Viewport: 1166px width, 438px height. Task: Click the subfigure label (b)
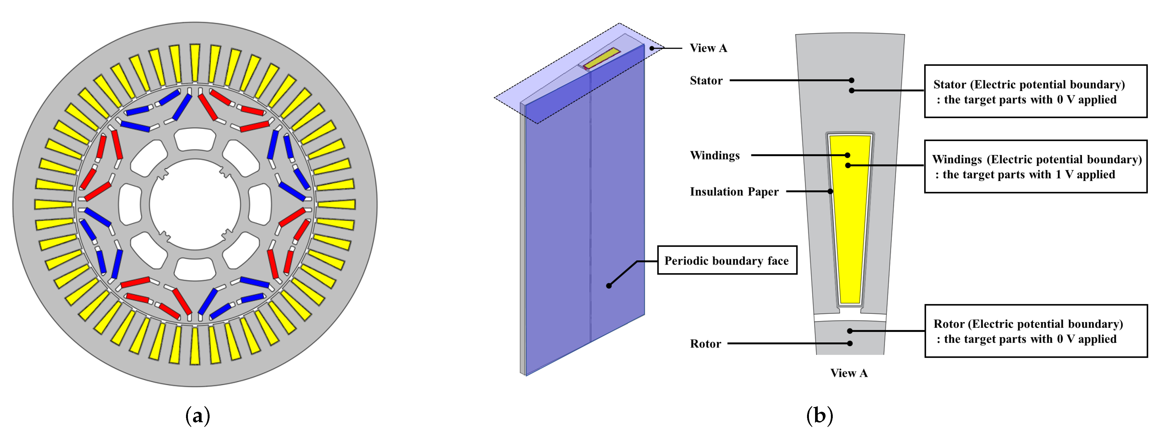coord(819,415)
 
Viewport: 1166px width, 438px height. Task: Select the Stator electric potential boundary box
coord(1035,92)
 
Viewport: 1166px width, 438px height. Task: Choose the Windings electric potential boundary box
coord(1035,166)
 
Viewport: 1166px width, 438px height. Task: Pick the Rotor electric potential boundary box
coord(1035,331)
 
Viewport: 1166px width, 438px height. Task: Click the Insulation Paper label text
coord(734,192)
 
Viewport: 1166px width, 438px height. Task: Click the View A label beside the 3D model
coord(708,48)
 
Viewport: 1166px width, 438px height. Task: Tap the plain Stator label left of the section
coord(706,81)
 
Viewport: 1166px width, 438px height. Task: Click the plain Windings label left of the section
coord(714,156)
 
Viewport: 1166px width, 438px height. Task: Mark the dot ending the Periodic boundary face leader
coord(609,285)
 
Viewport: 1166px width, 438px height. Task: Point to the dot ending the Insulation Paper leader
coord(830,191)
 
